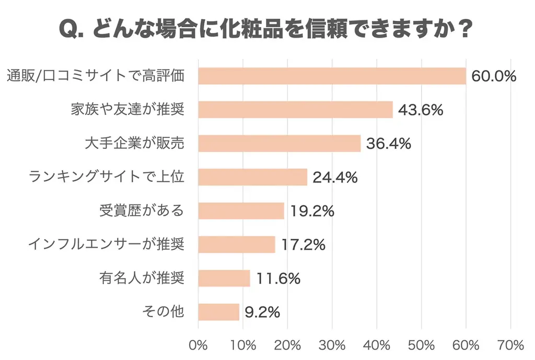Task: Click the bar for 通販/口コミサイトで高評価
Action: pos(332,76)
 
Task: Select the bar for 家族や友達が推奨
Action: pos(296,110)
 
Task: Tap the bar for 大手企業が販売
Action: pos(280,144)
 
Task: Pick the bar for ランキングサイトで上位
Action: pos(253,177)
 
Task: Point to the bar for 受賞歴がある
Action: pos(241,211)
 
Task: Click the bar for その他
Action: pos(219,312)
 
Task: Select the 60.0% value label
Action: pos(494,76)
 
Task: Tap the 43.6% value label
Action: pos(421,110)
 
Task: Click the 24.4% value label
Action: pos(335,178)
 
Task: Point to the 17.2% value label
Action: pos(303,245)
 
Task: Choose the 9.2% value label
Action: pos(262,312)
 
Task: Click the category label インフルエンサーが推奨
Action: pos(106,245)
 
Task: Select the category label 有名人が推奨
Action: pos(141,278)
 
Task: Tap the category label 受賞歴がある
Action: pos(141,211)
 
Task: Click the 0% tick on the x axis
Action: pos(199,345)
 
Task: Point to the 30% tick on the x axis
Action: pos(332,345)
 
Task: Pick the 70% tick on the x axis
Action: pos(511,345)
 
